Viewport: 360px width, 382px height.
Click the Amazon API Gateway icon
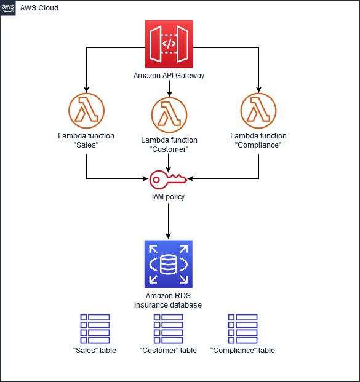coord(169,44)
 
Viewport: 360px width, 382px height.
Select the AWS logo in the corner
coord(9,8)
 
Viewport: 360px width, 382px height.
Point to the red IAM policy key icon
coord(168,179)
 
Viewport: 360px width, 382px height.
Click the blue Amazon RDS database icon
coord(168,264)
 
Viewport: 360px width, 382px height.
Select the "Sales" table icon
coord(95,328)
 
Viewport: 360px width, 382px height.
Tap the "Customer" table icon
coord(169,328)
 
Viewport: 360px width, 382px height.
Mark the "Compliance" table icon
coord(242,328)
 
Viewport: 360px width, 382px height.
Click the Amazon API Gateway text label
coord(169,76)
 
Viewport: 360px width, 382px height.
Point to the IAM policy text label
coord(169,197)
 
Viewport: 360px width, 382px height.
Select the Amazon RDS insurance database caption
coord(169,300)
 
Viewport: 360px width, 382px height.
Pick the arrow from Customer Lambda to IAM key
coord(169,161)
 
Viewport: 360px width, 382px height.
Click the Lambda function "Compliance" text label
coord(258,140)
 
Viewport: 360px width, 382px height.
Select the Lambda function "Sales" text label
coord(87,140)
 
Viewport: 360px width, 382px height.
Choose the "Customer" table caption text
coord(169,351)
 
